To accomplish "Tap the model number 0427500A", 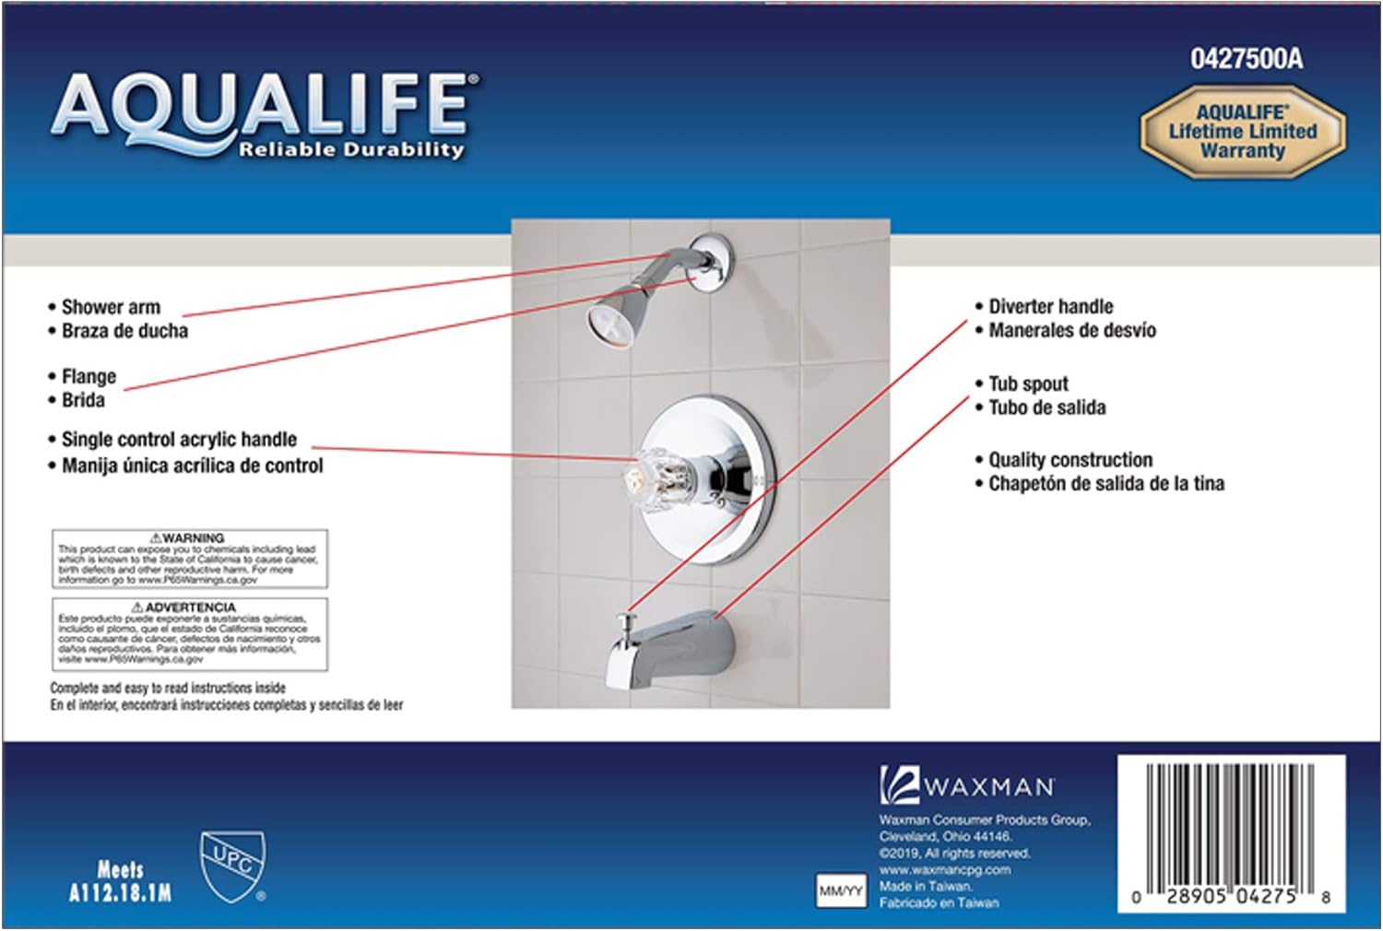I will [x=1246, y=59].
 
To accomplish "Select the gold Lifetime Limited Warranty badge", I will [x=1242, y=132].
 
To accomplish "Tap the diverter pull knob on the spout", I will [x=629, y=623].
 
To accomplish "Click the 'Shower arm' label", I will [x=111, y=307].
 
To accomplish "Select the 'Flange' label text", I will [x=89, y=376].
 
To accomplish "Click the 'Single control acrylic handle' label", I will [x=179, y=440].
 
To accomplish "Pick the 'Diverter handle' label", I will [x=1050, y=306].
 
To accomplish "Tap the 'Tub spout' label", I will [x=1028, y=383].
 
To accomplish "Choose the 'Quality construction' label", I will [x=1070, y=459].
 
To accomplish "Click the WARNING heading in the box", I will [x=188, y=537].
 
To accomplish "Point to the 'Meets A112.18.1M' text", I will [x=120, y=881].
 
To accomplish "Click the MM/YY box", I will [x=841, y=891].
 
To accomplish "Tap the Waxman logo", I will [x=966, y=786].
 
